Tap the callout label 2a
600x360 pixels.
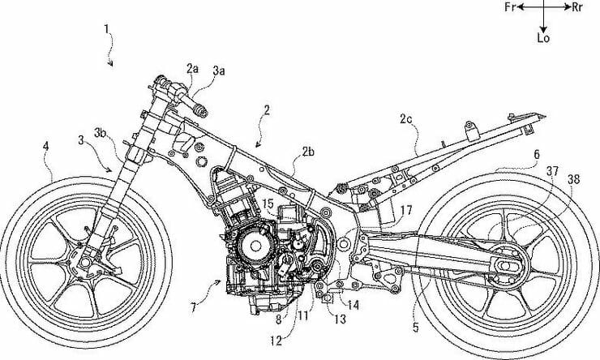point(191,70)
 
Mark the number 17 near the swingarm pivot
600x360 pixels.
point(406,209)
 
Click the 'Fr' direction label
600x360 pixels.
point(511,7)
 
